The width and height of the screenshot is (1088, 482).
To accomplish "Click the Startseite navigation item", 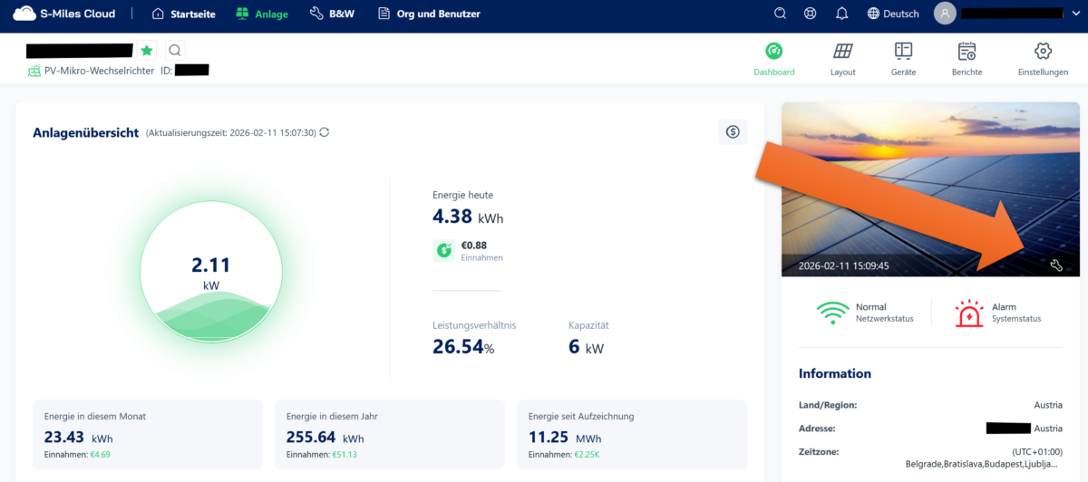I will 184,14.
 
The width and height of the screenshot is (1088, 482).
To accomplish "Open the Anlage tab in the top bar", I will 263,14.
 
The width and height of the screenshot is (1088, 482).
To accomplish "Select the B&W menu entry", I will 332,14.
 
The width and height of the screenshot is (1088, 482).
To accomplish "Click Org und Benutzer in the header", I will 429,14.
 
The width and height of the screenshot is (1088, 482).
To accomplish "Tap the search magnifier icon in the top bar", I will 780,14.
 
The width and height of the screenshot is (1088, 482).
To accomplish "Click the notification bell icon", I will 841,14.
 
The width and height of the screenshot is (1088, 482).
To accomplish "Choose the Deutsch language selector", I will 893,14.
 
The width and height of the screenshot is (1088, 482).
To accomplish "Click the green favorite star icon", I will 147,51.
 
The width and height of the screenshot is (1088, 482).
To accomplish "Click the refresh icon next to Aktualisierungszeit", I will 325,132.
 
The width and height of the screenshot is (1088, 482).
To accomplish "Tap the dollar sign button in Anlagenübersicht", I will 733,132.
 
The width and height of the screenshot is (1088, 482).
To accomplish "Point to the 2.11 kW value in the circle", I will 210,265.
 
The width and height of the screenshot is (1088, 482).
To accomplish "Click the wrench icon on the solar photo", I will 1055,265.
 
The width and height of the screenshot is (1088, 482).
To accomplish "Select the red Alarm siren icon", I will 968,313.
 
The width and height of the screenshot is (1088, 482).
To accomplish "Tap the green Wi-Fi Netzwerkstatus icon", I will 832,313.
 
